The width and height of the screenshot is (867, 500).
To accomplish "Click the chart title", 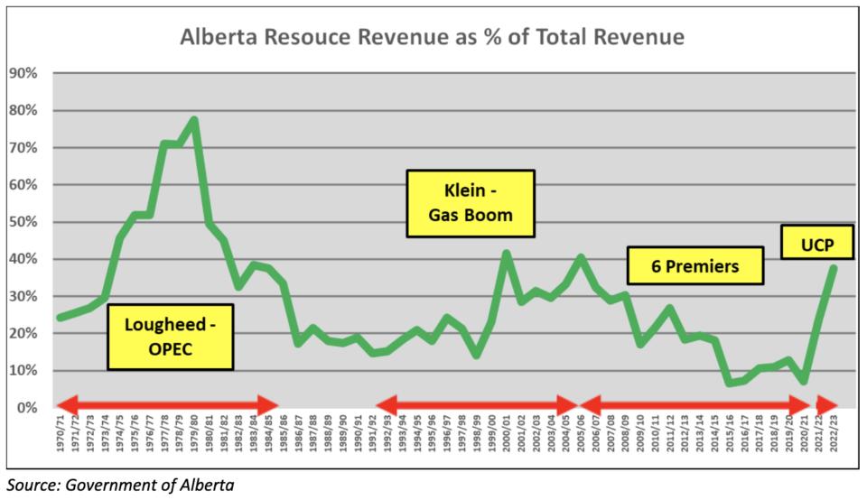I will tap(432, 37).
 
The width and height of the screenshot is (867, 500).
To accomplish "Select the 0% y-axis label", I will tap(24, 408).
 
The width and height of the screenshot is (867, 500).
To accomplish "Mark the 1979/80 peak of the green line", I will tap(194, 120).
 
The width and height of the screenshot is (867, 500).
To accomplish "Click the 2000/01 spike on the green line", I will tap(507, 254).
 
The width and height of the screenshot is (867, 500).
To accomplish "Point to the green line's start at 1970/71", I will tap(60, 318).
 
